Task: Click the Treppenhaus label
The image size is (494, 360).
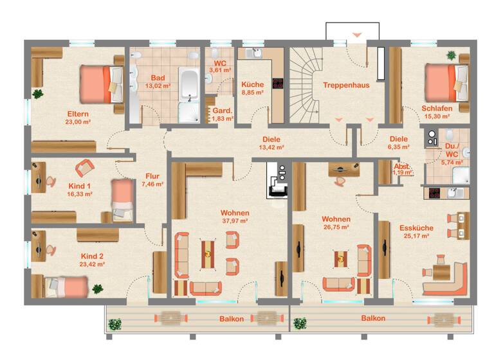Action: click(346, 84)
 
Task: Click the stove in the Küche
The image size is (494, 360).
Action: click(278, 83)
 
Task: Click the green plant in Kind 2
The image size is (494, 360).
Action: click(98, 289)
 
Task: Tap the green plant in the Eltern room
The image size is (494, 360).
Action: click(38, 94)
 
